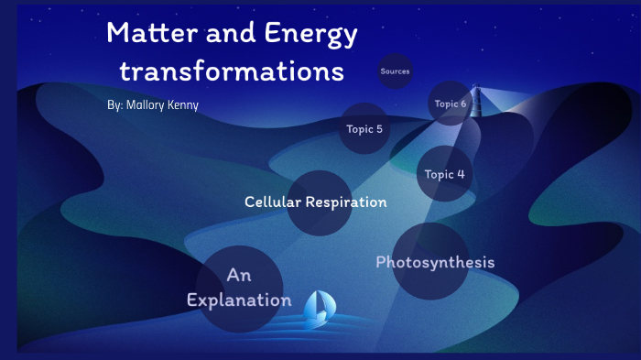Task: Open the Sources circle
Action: [x=395, y=71]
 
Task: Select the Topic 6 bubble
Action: [x=450, y=104]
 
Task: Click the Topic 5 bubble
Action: [x=364, y=129]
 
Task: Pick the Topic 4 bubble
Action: [x=444, y=174]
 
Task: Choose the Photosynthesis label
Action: [x=435, y=262]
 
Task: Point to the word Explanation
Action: [x=239, y=300]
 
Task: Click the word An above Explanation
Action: [x=239, y=275]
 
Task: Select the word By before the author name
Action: [x=114, y=105]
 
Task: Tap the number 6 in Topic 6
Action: [x=463, y=104]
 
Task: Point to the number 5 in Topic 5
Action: [x=379, y=129]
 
